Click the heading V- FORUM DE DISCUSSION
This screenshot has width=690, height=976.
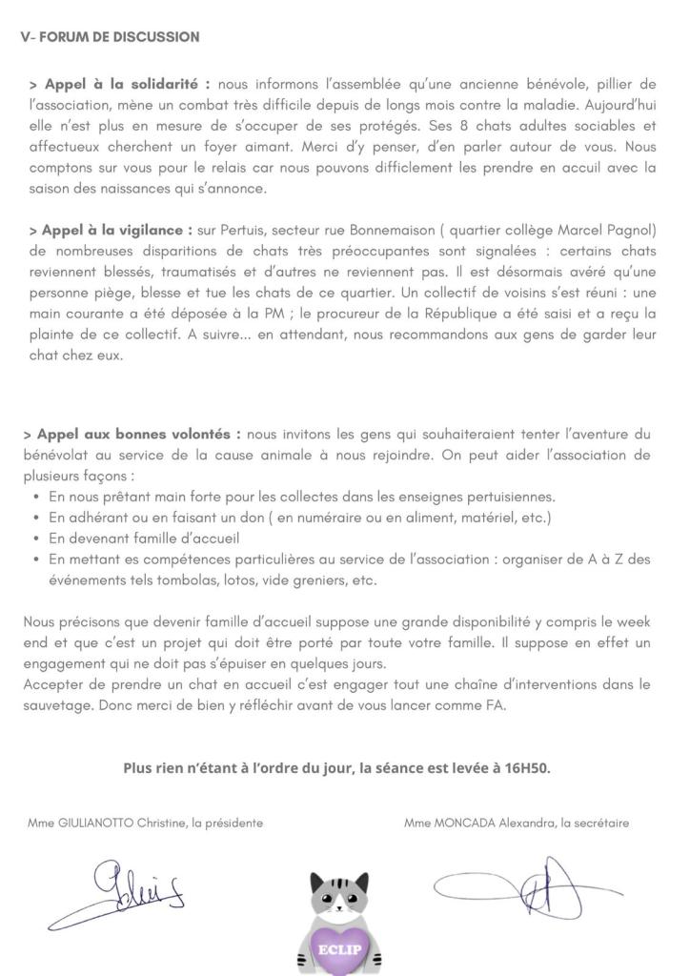pos(111,37)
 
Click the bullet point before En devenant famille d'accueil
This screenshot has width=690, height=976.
pos(36,539)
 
